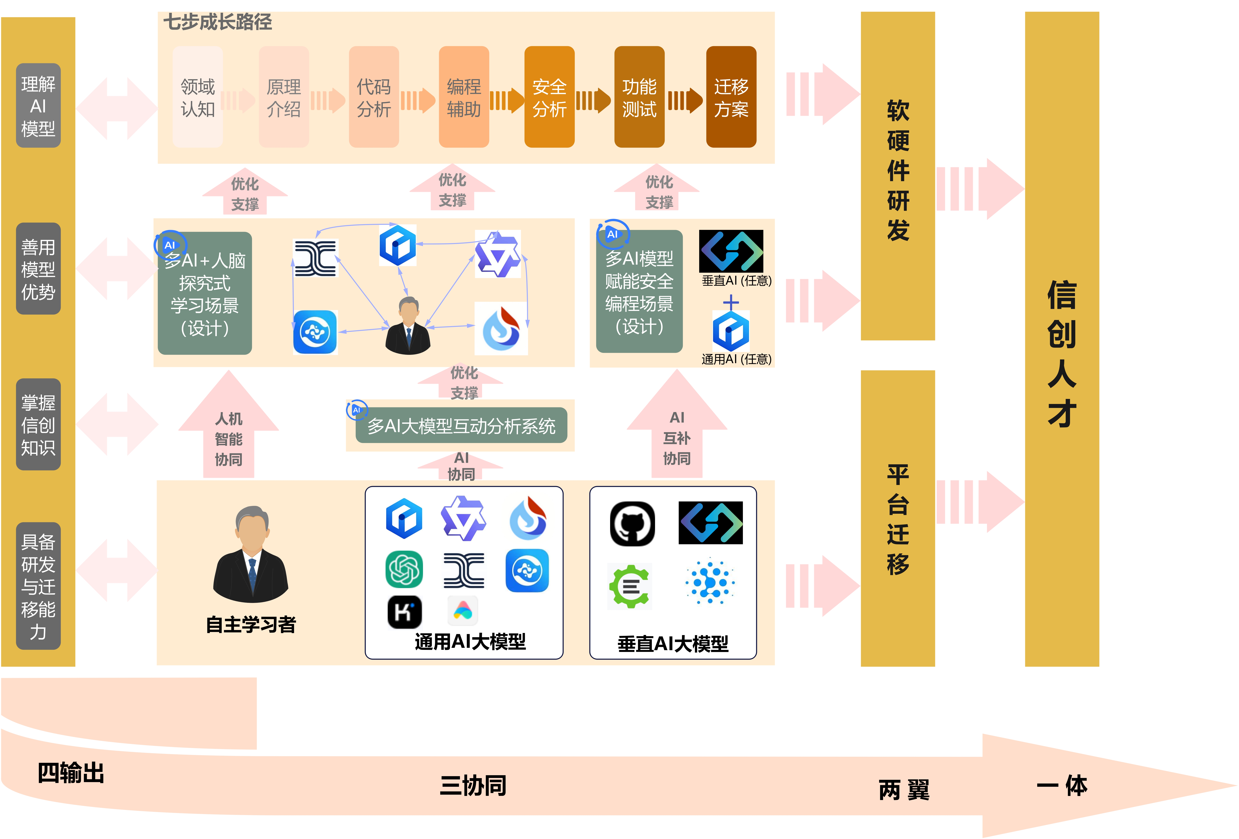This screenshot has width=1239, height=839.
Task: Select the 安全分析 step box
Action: click(x=549, y=97)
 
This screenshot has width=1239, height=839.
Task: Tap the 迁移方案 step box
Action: click(x=731, y=97)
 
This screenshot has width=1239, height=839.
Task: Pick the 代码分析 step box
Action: click(x=374, y=97)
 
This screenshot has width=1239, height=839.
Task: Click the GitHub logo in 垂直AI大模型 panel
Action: click(x=632, y=523)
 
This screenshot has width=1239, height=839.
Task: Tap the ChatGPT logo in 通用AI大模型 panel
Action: click(x=404, y=569)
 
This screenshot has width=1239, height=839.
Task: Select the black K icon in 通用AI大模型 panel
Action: click(x=404, y=612)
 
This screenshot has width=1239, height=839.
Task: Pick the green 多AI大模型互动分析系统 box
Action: click(x=461, y=425)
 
